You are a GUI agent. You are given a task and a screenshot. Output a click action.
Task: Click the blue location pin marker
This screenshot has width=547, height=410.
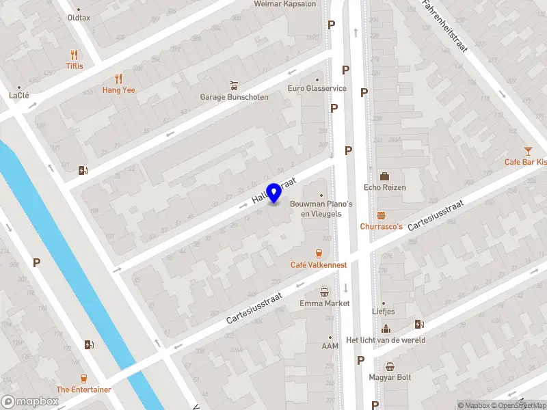(x=274, y=192)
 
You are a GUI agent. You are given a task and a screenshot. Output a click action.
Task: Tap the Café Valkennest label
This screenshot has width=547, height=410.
(x=319, y=264)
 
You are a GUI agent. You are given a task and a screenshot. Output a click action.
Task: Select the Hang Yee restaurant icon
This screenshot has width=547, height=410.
(x=118, y=79)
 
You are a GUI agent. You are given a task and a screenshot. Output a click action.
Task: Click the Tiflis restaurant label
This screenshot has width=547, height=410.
(x=75, y=66)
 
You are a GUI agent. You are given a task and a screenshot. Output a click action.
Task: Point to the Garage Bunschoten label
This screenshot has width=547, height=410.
(x=234, y=97)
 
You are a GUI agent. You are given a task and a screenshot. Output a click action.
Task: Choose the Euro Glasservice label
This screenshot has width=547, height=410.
(x=317, y=88)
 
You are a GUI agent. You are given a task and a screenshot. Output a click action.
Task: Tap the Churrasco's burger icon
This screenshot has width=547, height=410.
(x=381, y=215)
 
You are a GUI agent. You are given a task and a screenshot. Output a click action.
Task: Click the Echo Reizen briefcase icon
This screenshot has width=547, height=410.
(x=384, y=176)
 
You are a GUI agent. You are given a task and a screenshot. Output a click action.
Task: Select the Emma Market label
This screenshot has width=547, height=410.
(x=325, y=303)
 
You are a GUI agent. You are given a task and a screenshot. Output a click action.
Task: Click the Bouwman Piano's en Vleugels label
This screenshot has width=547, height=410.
(x=321, y=208)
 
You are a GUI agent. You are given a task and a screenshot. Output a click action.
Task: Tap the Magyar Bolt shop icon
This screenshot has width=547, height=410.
(x=390, y=366)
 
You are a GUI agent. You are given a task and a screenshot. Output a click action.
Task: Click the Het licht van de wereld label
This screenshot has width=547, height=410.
(x=386, y=340)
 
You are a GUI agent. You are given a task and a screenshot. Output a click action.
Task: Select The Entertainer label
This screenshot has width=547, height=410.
(x=83, y=389)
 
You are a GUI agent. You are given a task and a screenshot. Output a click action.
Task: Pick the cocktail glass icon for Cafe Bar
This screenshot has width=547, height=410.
(x=528, y=150)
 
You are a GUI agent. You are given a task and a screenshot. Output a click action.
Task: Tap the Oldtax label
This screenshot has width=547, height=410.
(x=79, y=18)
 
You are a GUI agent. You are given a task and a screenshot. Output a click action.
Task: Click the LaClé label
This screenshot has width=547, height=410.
(x=19, y=96)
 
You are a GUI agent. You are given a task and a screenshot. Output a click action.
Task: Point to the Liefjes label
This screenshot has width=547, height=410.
(x=384, y=313)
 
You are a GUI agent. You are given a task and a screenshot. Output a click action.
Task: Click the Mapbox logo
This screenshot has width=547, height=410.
(x=30, y=402)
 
